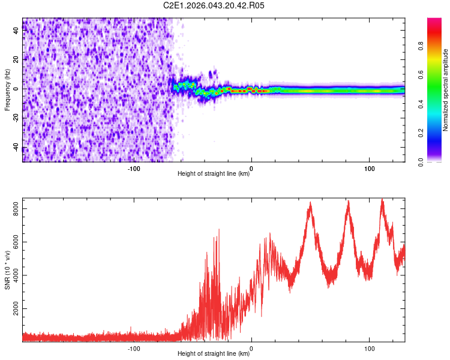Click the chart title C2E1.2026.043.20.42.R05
(214, 5)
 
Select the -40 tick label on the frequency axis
(16, 148)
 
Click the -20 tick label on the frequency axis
(16, 119)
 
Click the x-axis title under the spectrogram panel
(214, 174)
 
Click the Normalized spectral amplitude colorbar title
(445, 90)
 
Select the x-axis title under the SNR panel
(214, 354)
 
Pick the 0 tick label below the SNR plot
(251, 347)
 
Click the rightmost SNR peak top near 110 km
(382, 200)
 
